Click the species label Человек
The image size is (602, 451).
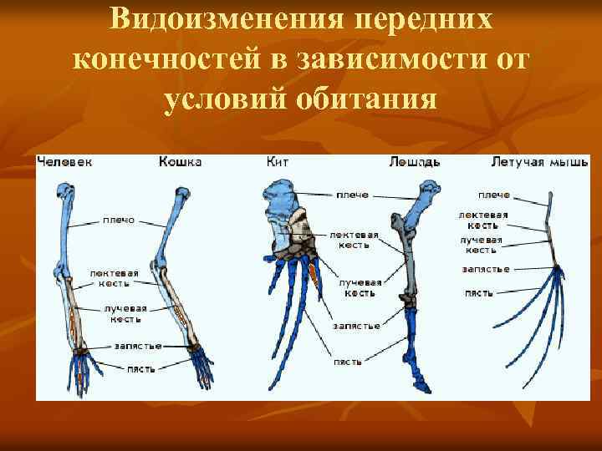coord(64,162)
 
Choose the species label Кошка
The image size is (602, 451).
coord(180,162)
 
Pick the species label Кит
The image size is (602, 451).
coord(278,162)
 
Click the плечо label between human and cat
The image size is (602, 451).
coord(120,221)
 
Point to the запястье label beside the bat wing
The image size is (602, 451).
coord(485,270)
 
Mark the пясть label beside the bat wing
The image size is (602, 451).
coord(478,293)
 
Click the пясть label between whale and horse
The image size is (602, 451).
coord(347,362)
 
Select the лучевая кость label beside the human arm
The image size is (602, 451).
coord(121,313)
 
